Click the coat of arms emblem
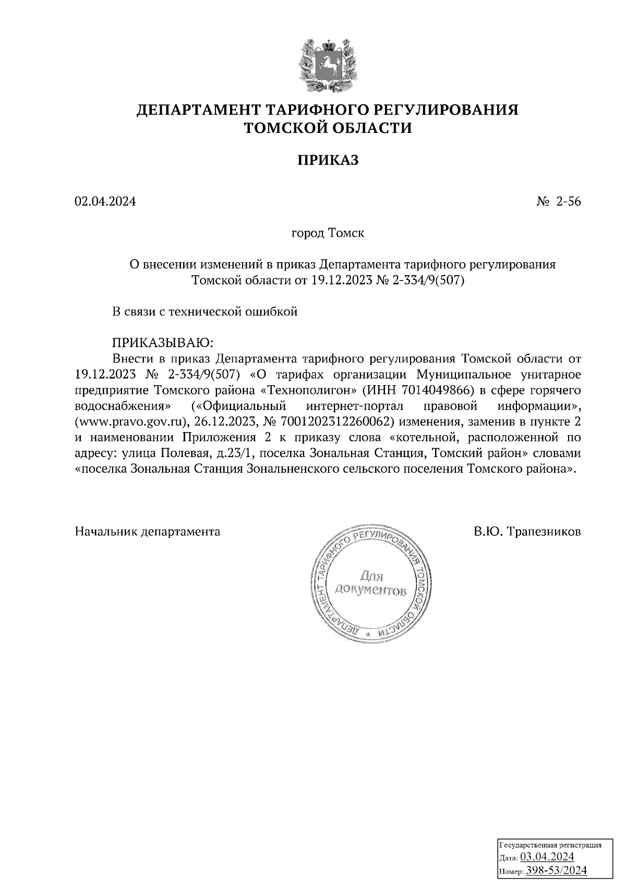pos(328,64)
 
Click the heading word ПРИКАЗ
pos(328,160)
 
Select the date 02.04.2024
pos(105,202)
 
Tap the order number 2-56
pos(568,202)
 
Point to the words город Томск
pos(328,233)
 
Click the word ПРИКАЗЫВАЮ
pos(163,342)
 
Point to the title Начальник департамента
pos(148,532)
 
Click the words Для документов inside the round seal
pos(371,584)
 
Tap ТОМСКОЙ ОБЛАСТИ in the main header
pos(328,128)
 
